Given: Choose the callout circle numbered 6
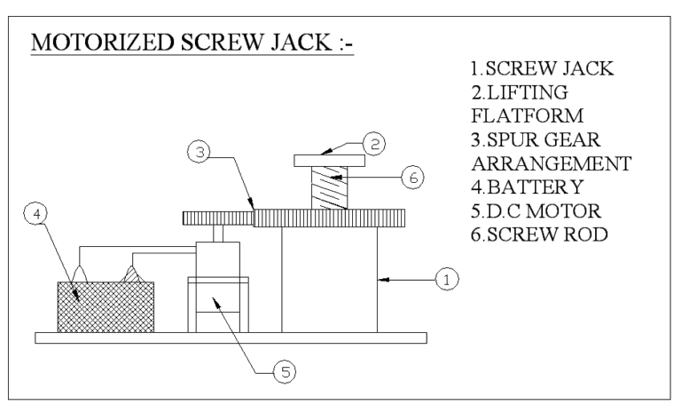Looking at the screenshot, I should [411, 178].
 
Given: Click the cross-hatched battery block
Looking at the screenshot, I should [105, 306].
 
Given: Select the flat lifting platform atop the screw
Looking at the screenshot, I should [327, 161].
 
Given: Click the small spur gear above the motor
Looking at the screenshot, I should [217, 218].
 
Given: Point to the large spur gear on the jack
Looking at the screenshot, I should [329, 218].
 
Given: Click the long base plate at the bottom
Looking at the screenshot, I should [231, 337].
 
